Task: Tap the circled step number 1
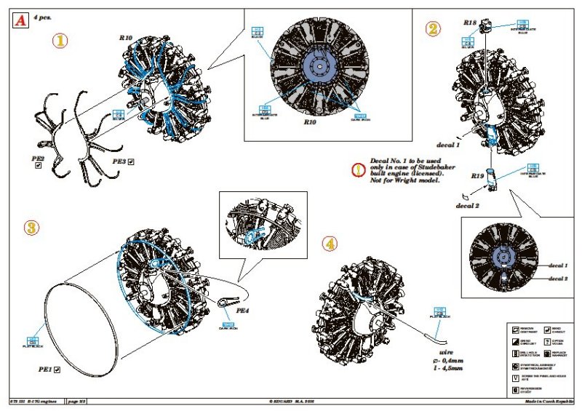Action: [x=60, y=41]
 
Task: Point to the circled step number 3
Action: [x=31, y=227]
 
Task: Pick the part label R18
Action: [x=470, y=23]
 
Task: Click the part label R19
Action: [x=477, y=175]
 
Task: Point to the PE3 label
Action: [x=119, y=159]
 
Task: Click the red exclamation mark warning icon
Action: [x=357, y=170]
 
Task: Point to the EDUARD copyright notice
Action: [x=290, y=402]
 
